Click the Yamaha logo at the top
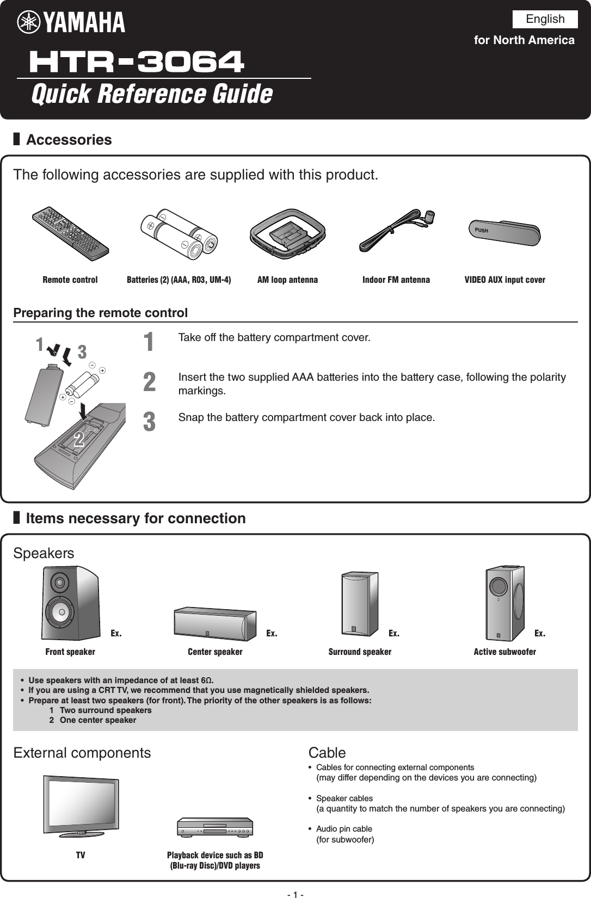[71, 22]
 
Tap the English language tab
[545, 19]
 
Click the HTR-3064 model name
[137, 61]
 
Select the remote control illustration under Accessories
[70, 233]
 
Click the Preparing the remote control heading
[101, 313]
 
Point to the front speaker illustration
[70, 603]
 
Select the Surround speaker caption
[360, 652]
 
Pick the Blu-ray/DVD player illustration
[215, 827]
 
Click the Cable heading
[327, 753]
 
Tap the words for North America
[524, 40]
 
